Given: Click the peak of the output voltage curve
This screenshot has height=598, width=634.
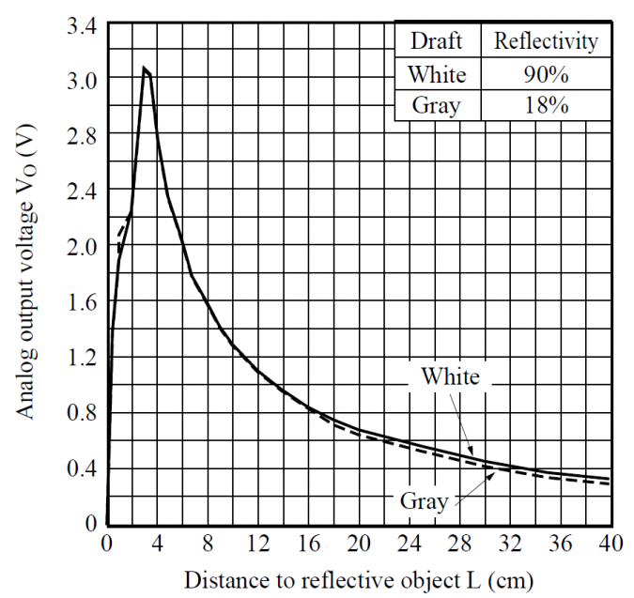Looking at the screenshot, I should pyautogui.click(x=144, y=68).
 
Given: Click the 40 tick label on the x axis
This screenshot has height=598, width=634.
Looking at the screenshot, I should pyautogui.click(x=610, y=543).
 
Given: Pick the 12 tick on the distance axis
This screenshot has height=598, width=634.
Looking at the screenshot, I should pyautogui.click(x=257, y=543).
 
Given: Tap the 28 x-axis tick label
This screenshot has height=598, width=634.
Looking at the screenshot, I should pyautogui.click(x=458, y=543).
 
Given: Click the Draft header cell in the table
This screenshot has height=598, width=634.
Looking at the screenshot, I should pyautogui.click(x=437, y=41).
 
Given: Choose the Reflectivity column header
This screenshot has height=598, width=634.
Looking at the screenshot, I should pyautogui.click(x=545, y=41).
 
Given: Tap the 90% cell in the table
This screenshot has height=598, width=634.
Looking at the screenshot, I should pyautogui.click(x=545, y=73).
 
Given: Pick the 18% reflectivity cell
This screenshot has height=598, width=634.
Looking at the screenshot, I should pyautogui.click(x=545, y=104).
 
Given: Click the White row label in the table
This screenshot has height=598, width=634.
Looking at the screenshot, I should pyautogui.click(x=437, y=73).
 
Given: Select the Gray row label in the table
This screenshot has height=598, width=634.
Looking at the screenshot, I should pyautogui.click(x=437, y=104).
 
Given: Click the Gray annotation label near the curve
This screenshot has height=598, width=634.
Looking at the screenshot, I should pyautogui.click(x=424, y=500).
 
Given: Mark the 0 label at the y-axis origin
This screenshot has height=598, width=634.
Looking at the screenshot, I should pyautogui.click(x=91, y=523).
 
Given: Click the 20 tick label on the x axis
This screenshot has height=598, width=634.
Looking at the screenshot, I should pyautogui.click(x=358, y=543).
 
